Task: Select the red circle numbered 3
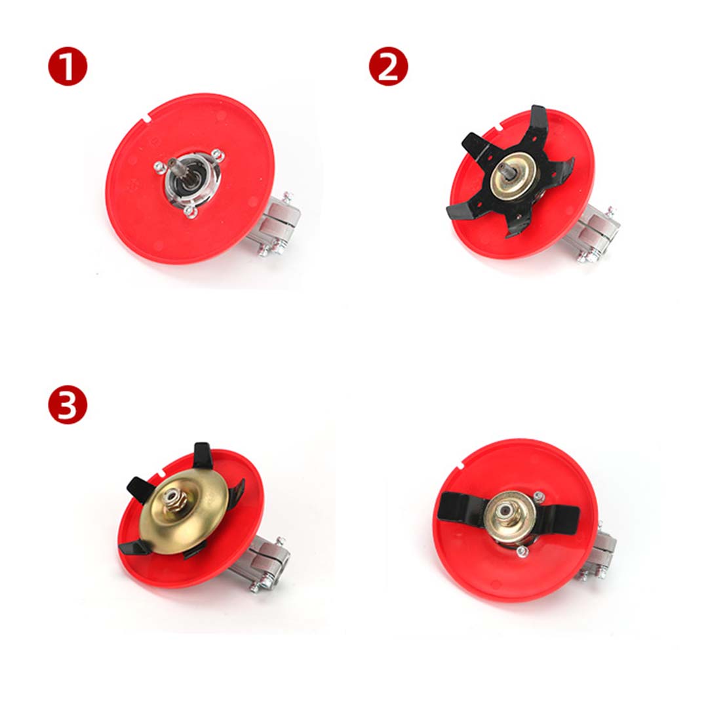68,404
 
